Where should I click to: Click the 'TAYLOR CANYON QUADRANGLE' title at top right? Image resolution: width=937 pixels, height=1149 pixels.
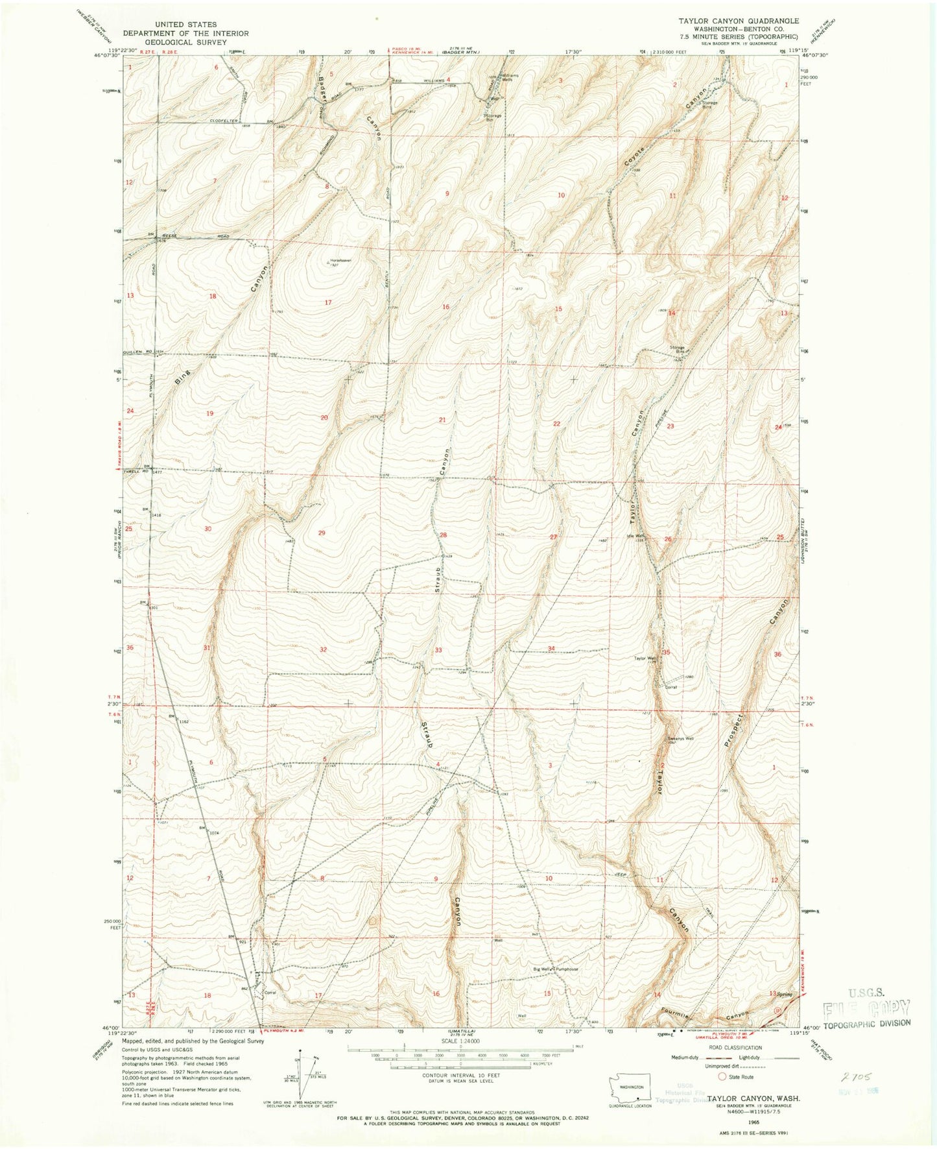tap(729, 21)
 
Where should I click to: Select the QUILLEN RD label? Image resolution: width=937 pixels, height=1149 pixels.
tap(137, 352)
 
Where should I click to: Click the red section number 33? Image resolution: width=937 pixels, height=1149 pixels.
tap(439, 650)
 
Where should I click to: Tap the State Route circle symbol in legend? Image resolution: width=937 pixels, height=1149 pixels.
tap(722, 1076)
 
